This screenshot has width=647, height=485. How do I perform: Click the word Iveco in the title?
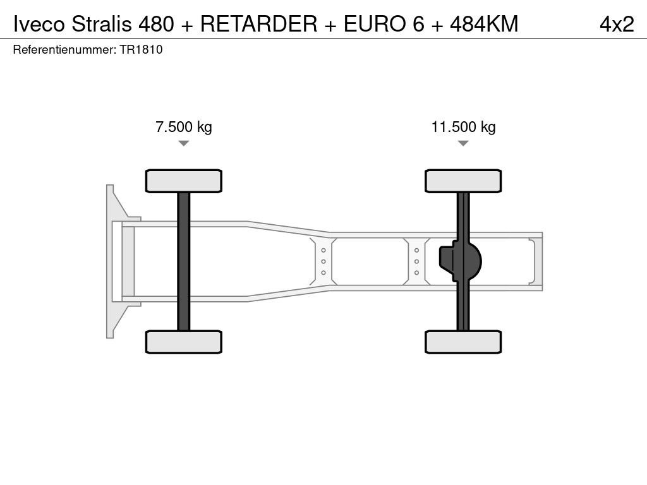pyautogui.click(x=39, y=24)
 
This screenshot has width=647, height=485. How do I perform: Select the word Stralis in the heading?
pyautogui.click(x=102, y=24)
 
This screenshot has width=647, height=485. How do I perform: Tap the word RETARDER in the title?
pyautogui.click(x=258, y=24)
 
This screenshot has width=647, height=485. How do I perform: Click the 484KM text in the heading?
pyautogui.click(x=484, y=24)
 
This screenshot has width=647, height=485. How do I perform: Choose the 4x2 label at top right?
pyautogui.click(x=617, y=24)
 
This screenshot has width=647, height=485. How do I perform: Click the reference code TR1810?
pyautogui.click(x=141, y=50)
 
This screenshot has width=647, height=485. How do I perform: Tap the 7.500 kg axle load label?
pyautogui.click(x=184, y=127)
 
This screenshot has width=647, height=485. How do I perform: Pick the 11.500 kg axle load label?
pyautogui.click(x=463, y=127)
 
